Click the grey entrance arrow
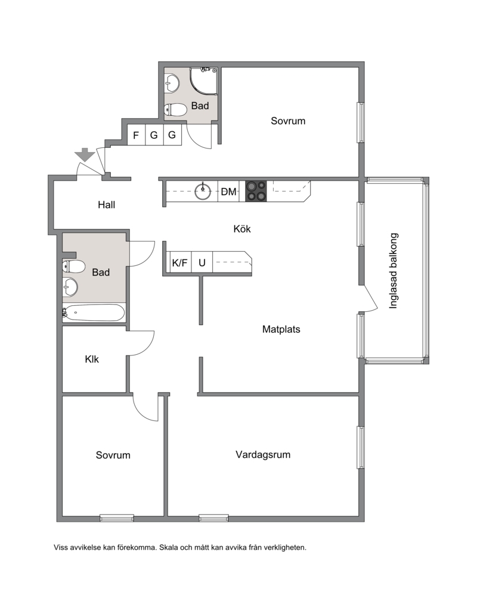click(x=85, y=155)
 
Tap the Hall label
click(x=106, y=205)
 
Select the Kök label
click(x=242, y=229)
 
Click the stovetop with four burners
click(x=256, y=191)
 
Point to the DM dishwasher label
click(x=229, y=191)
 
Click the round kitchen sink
click(x=203, y=191)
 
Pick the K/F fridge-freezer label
click(x=180, y=263)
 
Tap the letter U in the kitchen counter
click(x=202, y=263)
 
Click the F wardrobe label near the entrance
click(x=136, y=135)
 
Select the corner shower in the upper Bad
click(x=204, y=81)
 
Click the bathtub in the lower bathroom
click(x=94, y=312)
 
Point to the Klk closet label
click(x=92, y=359)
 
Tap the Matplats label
click(x=281, y=329)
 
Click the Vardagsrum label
click(x=263, y=454)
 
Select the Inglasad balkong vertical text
click(x=394, y=271)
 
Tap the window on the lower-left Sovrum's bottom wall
click(x=117, y=518)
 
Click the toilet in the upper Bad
click(x=175, y=110)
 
